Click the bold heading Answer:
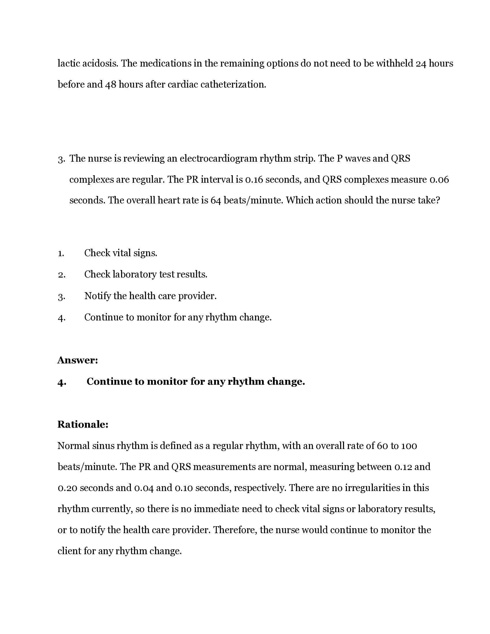pos(78,360)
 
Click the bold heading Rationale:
pos(83,424)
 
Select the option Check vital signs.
pos(120,253)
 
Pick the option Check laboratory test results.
pos(146,274)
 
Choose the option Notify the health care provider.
pos(150,296)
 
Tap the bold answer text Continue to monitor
pos(195,382)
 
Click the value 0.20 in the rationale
pos(67,488)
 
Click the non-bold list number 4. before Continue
pos(62,318)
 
